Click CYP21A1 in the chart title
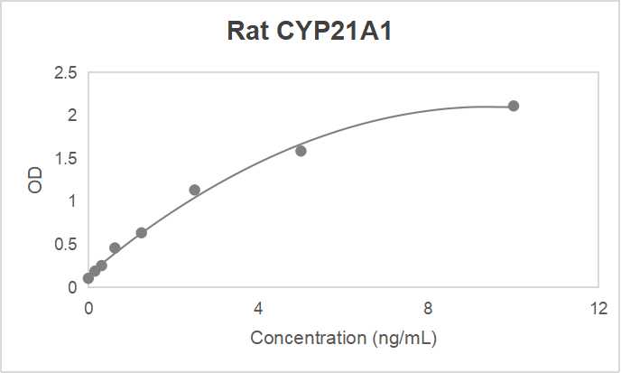click(336, 32)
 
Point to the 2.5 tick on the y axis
click(65, 72)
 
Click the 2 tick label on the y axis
click(71, 116)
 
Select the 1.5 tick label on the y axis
click(65, 158)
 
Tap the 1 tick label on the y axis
click(71, 201)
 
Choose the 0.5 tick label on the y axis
click(65, 244)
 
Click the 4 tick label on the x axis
click(258, 308)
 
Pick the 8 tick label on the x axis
click(428, 308)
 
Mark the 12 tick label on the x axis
click(598, 308)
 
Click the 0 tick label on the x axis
click(88, 308)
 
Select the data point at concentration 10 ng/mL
click(513, 106)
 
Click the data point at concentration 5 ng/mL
click(301, 151)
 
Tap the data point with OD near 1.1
click(194, 190)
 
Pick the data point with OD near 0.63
click(142, 233)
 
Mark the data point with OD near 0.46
click(115, 247)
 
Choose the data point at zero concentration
click(88, 278)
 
